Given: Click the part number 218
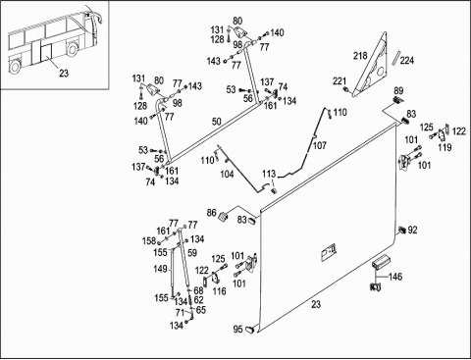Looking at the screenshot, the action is [360, 56].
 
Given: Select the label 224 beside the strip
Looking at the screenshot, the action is [407, 61].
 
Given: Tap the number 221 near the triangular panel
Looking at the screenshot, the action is [340, 81].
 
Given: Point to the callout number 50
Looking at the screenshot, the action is [217, 122].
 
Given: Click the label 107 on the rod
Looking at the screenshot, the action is [320, 145].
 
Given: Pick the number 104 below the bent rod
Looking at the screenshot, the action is [227, 174].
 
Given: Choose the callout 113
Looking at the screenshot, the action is [269, 174].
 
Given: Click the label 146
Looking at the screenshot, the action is [395, 277].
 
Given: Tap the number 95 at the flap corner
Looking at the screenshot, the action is [238, 329].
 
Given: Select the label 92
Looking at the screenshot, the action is [413, 231].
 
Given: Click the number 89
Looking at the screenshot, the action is [398, 90].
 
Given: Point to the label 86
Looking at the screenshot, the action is [212, 213].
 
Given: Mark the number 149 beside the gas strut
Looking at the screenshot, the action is [160, 269].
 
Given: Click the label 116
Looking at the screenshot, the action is [219, 291].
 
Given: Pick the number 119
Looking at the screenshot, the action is [445, 147].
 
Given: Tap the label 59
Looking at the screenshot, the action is [192, 253].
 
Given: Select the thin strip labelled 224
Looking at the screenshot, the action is [396, 58].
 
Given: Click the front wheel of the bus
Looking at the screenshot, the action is [73, 49].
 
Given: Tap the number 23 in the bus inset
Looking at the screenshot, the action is [64, 73].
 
